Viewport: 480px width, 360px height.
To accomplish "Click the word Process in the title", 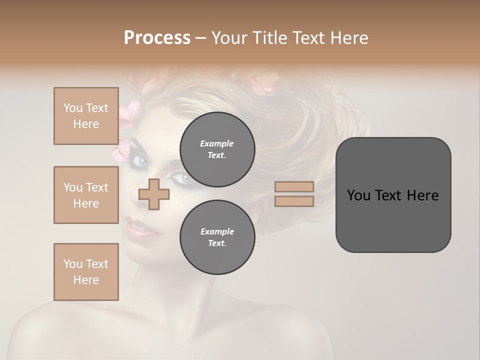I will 157,38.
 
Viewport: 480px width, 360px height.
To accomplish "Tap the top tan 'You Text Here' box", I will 86,116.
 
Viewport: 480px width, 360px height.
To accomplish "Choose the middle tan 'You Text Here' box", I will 86,195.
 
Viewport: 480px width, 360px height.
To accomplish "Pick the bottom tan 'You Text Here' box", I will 86,272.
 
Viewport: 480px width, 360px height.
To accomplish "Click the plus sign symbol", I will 154,194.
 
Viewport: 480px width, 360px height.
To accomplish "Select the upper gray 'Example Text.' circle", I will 217,149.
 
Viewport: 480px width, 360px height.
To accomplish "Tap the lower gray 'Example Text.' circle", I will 217,237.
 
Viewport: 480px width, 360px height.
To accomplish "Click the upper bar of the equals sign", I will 294,186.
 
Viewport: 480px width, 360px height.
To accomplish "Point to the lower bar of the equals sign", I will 294,201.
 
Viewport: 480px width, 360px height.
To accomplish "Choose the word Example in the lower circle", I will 217,231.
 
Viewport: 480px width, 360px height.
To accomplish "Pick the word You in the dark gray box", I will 358,195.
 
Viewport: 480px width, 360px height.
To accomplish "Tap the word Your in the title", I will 230,38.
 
